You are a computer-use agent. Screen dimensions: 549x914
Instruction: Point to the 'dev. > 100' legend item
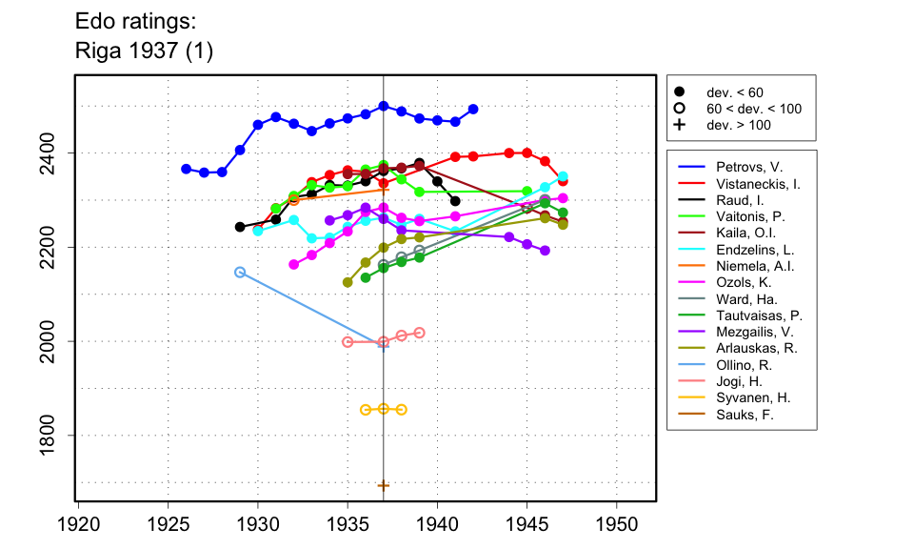739,125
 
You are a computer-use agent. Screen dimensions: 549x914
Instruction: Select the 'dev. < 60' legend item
734,92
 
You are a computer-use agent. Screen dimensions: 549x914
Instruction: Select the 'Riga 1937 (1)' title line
144,51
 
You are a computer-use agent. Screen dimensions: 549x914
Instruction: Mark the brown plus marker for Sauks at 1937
384,485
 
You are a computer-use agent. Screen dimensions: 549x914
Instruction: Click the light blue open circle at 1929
240,273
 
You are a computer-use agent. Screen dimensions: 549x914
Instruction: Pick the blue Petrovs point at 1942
473,110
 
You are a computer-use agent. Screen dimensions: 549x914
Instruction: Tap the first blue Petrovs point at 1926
186,169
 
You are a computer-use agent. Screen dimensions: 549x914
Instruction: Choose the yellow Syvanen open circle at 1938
402,410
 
